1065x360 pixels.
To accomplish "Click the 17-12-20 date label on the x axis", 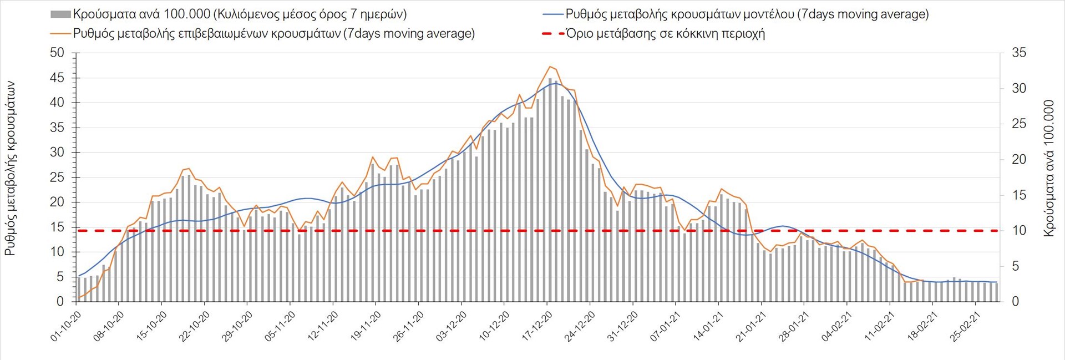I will point(537,326).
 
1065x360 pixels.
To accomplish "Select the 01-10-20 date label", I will point(66,326).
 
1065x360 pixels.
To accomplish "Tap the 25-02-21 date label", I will point(966,326).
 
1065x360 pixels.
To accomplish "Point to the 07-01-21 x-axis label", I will point(666,326).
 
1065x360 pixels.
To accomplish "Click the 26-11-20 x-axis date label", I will point(409,326).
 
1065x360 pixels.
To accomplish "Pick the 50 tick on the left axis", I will point(57,53).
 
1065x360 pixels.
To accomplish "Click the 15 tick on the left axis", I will point(57,227).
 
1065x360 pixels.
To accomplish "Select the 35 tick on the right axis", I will point(1019,53).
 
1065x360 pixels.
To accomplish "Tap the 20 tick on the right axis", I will point(1019,160).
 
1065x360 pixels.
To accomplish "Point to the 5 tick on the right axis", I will point(1016,266).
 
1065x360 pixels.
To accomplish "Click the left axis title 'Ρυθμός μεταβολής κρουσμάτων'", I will point(10,169).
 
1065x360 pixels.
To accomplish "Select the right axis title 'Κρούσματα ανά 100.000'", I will point(1048,169).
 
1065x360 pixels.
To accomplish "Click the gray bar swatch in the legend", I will point(60,14).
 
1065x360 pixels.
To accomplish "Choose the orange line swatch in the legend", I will point(60,34).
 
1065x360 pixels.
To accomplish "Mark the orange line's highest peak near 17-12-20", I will point(550,67).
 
